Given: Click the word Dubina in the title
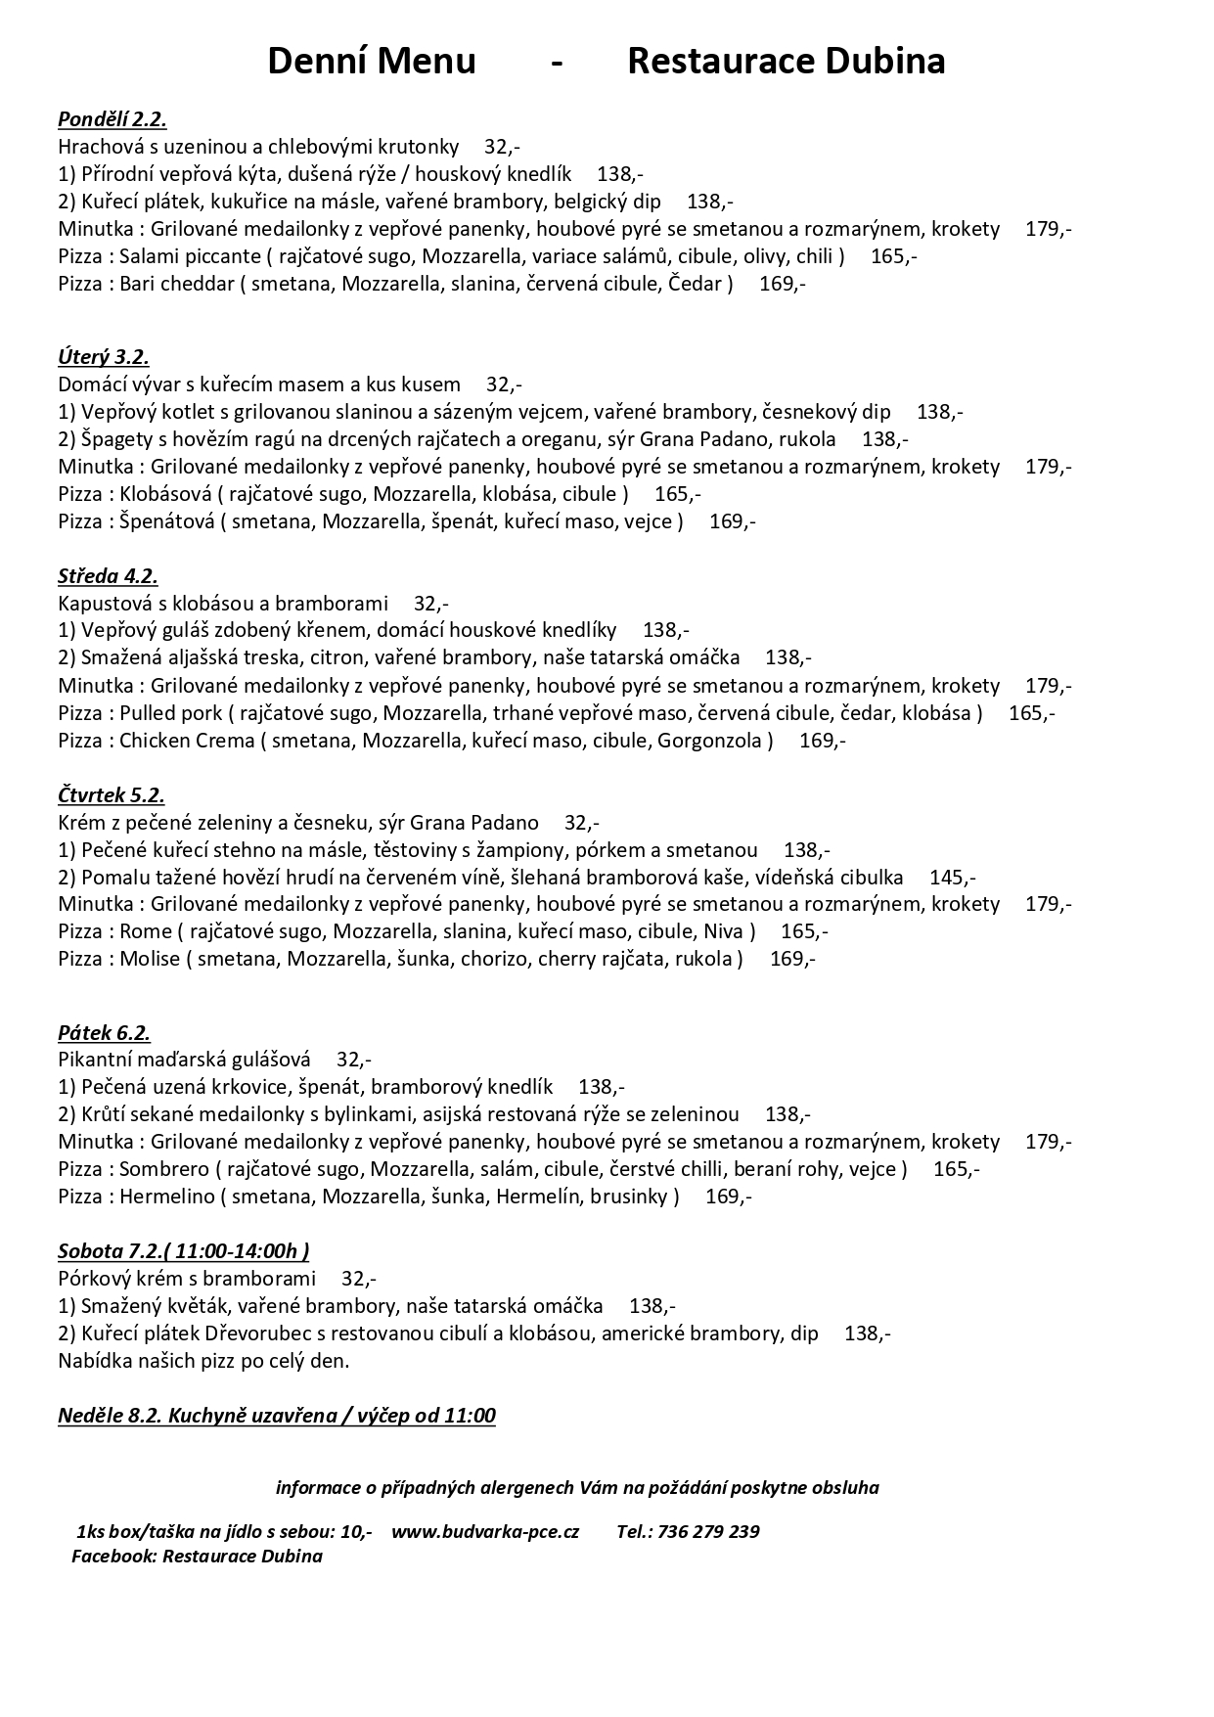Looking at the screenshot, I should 884,62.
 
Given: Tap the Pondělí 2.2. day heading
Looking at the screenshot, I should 112,119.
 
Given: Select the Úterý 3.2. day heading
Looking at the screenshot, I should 104,357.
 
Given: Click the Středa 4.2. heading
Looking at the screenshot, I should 108,575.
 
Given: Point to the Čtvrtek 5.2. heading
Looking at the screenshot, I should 112,794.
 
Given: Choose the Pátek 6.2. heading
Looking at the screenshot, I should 104,1033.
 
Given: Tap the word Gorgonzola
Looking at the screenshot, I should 714,741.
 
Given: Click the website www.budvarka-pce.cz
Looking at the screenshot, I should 485,1532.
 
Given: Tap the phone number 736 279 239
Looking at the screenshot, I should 708,1532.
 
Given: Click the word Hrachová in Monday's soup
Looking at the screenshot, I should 96,147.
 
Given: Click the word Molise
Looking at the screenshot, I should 150,959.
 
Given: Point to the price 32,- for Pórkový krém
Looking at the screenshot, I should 358,1279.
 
